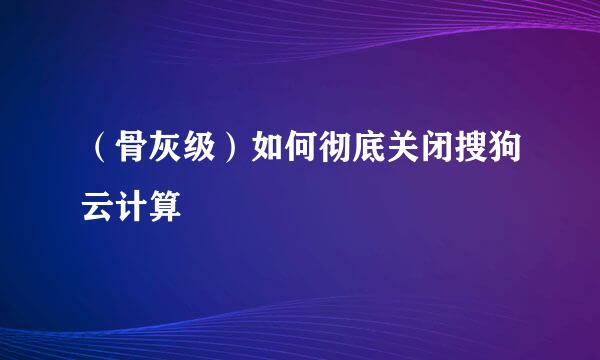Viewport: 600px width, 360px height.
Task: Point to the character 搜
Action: pos(468,155)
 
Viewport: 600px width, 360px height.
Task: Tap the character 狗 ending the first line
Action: pos(503,155)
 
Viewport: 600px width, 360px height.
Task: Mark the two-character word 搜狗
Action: pos(486,155)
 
